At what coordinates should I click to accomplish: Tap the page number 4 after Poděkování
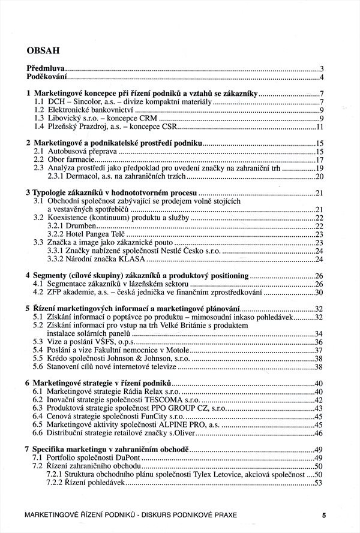(x=322, y=78)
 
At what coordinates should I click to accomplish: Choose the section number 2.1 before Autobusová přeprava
(x=38, y=152)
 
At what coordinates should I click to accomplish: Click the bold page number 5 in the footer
(x=323, y=514)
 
